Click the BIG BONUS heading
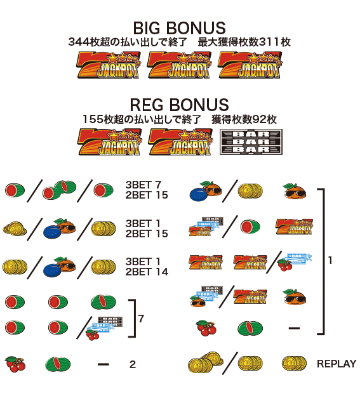pyautogui.click(x=180, y=28)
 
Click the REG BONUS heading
pyautogui.click(x=180, y=105)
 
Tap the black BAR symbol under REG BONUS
pyautogui.click(x=251, y=142)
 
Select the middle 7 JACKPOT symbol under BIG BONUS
pyautogui.click(x=180, y=65)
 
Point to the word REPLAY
pyautogui.click(x=337, y=364)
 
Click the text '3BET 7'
pyautogui.click(x=143, y=185)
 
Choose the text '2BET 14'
pyautogui.click(x=147, y=272)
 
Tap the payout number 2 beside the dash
pyautogui.click(x=133, y=364)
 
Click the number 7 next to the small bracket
pyautogui.click(x=141, y=319)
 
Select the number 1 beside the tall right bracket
pyautogui.click(x=330, y=260)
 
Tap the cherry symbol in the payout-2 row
pyautogui.click(x=15, y=364)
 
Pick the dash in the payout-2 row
pyautogui.click(x=103, y=364)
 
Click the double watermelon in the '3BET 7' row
pyautogui.click(x=60, y=190)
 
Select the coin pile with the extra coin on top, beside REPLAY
pyautogui.click(x=206, y=362)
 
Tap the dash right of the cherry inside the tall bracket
pyautogui.click(x=294, y=328)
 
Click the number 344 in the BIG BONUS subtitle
pyautogui.click(x=79, y=42)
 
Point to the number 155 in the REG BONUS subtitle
pyautogui.click(x=93, y=119)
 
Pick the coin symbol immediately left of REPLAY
pyautogui.click(x=294, y=364)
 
